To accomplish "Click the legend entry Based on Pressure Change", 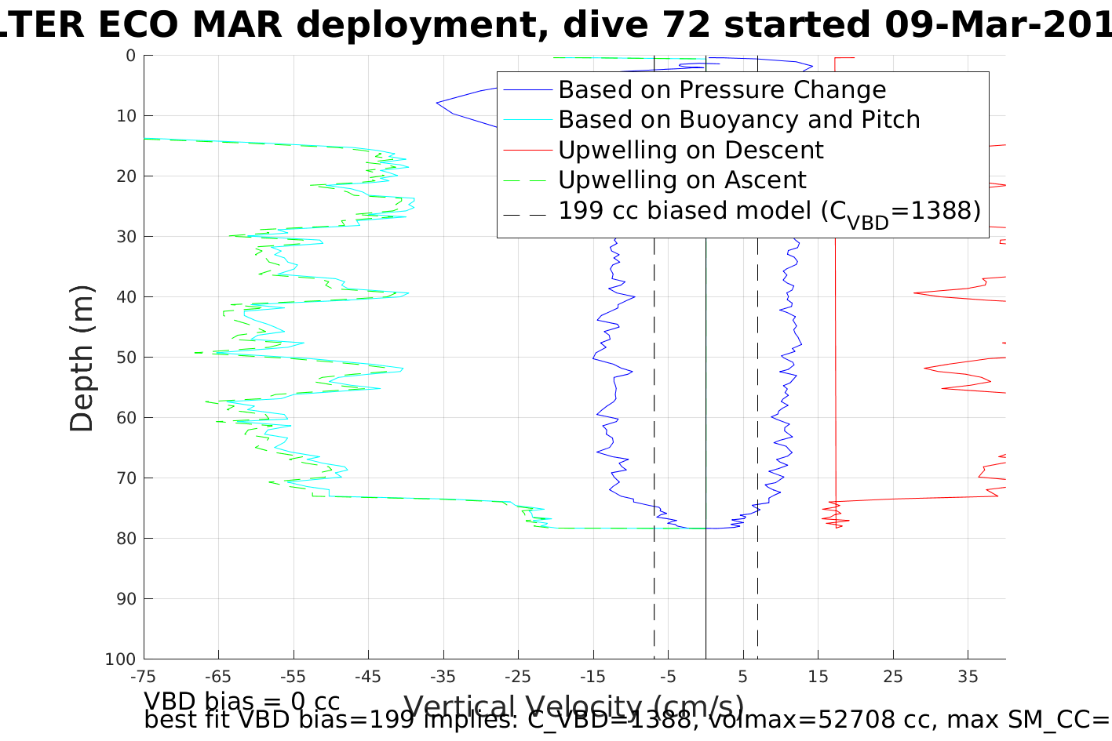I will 722,90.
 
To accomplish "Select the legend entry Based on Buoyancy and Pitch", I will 738,120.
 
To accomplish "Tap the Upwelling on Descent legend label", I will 691,150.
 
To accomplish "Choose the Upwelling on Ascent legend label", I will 682,180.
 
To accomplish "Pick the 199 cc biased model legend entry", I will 769,211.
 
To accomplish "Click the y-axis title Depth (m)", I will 82,358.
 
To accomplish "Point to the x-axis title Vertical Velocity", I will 574,706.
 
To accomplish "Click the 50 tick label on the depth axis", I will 126,358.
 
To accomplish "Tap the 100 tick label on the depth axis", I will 121,659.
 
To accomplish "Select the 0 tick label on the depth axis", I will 130,56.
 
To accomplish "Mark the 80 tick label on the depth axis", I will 126,539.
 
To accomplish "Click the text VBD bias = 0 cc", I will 242,700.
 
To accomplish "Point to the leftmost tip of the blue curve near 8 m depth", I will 437,102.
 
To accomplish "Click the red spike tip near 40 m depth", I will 915,293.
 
